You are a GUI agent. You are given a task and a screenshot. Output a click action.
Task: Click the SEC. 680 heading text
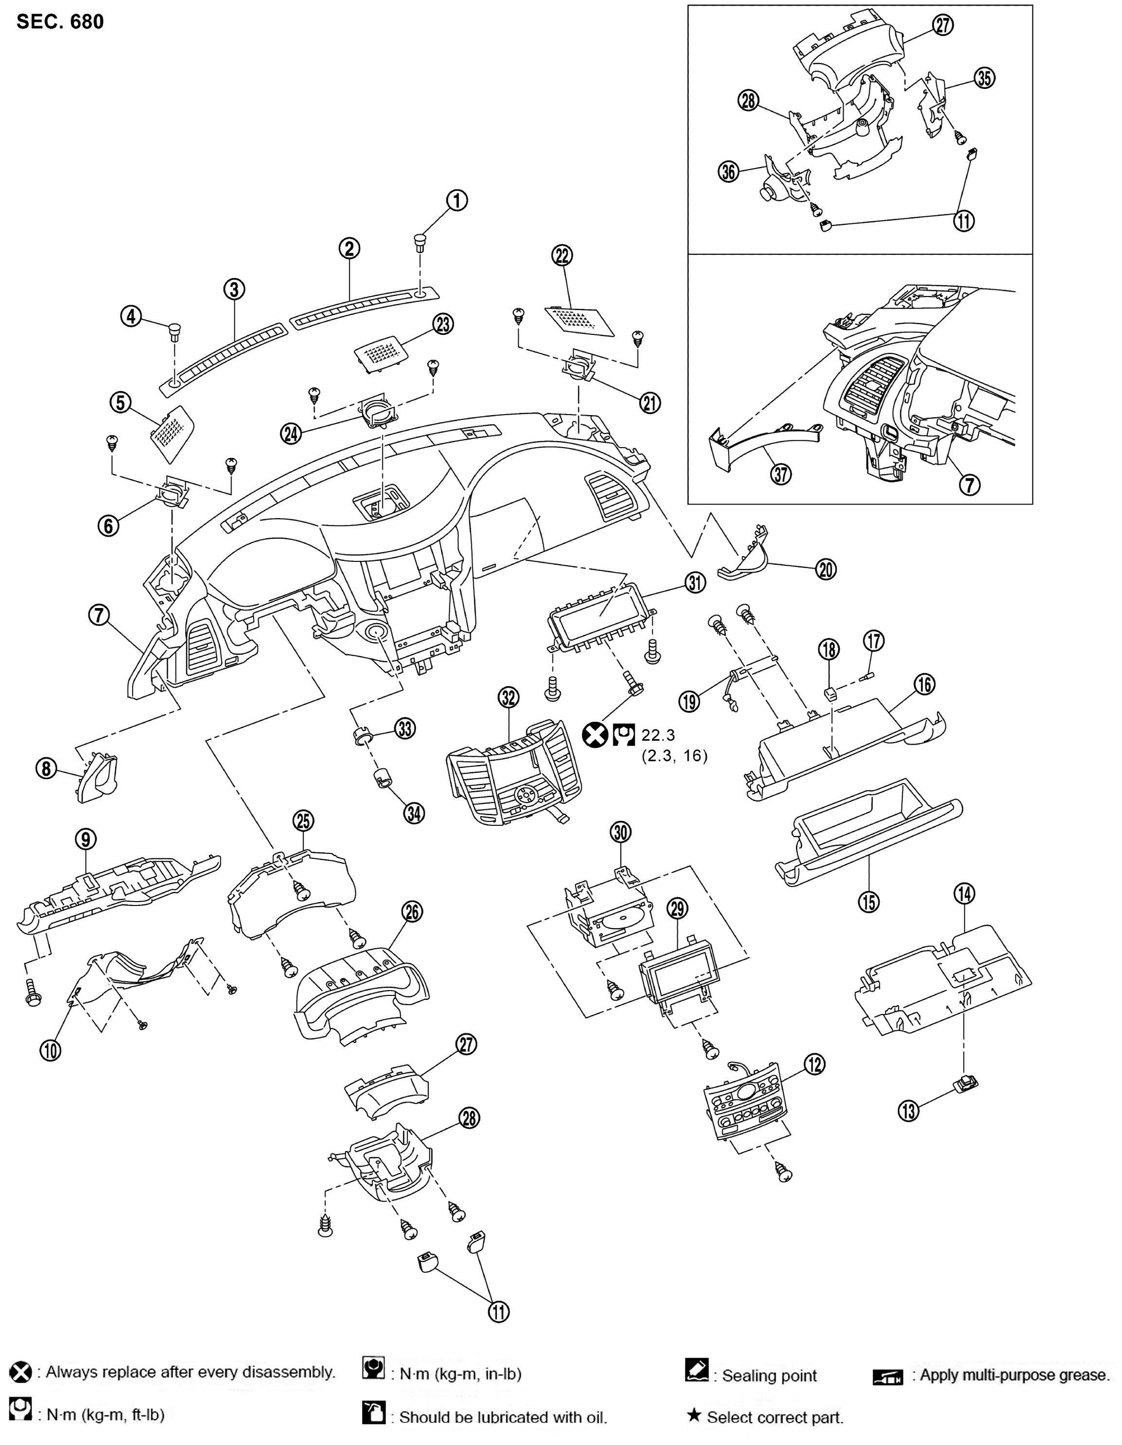point(59,22)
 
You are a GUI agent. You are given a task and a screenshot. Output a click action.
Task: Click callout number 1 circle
point(457,200)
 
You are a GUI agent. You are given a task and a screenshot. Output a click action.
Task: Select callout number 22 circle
point(562,255)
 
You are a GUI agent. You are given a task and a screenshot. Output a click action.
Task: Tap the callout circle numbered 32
point(508,697)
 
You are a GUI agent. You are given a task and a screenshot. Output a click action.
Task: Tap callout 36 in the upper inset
point(729,172)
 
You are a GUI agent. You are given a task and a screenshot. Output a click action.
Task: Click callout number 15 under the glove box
point(869,901)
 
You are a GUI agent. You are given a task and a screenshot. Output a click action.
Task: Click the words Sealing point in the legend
point(769,1375)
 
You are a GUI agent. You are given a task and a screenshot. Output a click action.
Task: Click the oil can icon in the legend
point(374,1413)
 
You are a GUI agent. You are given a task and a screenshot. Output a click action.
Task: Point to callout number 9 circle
point(86,839)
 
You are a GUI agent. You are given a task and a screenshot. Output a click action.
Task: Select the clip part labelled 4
point(174,330)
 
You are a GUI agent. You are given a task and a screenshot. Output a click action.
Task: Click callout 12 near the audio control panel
point(814,1064)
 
